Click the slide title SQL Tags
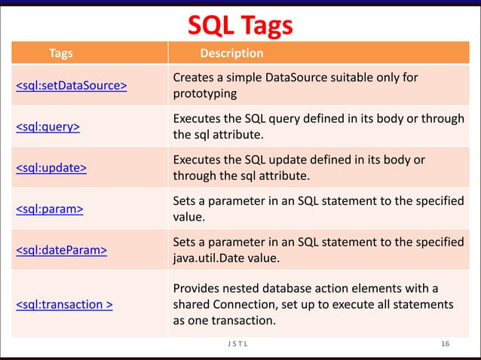tap(240, 26)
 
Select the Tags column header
tap(61, 53)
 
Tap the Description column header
tap(231, 53)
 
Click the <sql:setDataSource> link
tap(72, 85)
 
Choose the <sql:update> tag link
tap(51, 167)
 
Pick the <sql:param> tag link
tap(50, 209)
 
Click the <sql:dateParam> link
tap(62, 249)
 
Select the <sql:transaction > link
tap(65, 304)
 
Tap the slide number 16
tap(446, 344)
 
